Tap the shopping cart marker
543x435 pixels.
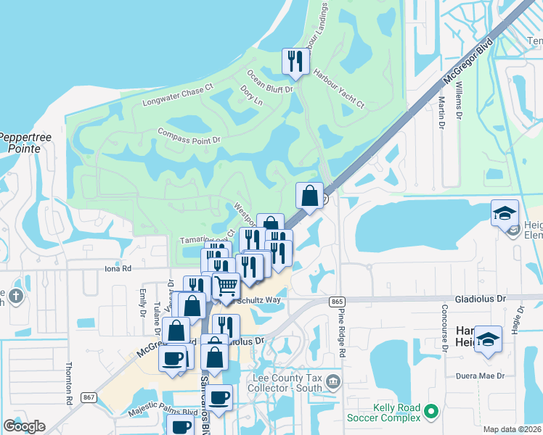[226, 286]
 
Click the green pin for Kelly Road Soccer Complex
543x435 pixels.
[432, 412]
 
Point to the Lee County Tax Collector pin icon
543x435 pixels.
[332, 381]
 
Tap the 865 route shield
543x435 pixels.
[336, 300]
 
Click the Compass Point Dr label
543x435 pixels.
[189, 134]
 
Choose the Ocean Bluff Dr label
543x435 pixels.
[269, 80]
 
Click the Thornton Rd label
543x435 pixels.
[70, 382]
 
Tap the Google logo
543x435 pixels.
[24, 426]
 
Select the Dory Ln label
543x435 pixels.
[250, 96]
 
